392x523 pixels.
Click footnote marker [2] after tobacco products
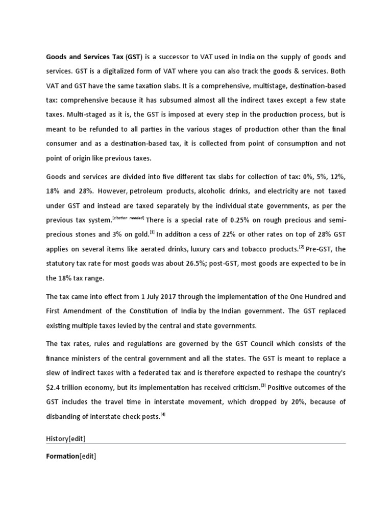302,247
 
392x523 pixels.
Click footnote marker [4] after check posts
163,414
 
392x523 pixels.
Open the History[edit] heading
70,438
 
